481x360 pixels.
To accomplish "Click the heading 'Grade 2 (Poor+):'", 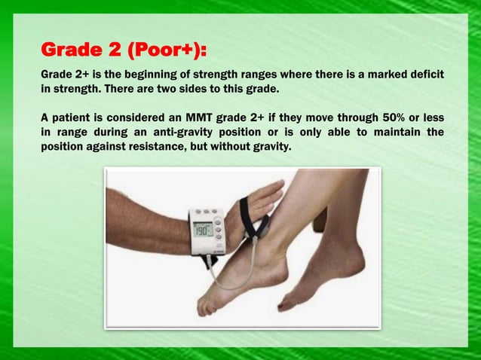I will [124, 50].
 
